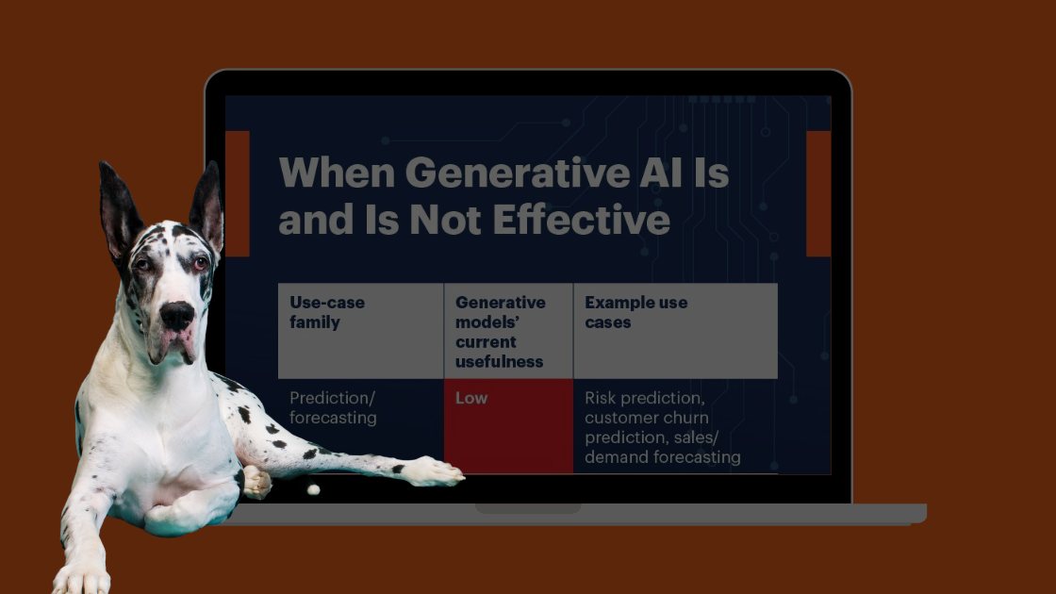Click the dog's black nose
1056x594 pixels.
(177, 315)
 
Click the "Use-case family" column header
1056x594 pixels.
(327, 312)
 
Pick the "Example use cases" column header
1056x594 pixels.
(635, 312)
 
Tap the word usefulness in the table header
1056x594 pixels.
(499, 362)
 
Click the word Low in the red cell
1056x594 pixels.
(471, 398)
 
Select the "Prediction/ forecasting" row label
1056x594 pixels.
(333, 407)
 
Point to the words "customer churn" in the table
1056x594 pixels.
(647, 418)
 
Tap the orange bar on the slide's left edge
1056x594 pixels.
(237, 193)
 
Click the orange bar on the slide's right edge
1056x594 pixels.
(818, 193)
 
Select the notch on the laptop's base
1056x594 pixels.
(528, 508)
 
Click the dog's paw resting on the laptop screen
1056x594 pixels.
(435, 470)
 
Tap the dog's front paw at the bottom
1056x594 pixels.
(81, 578)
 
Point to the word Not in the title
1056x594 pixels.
(446, 221)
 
